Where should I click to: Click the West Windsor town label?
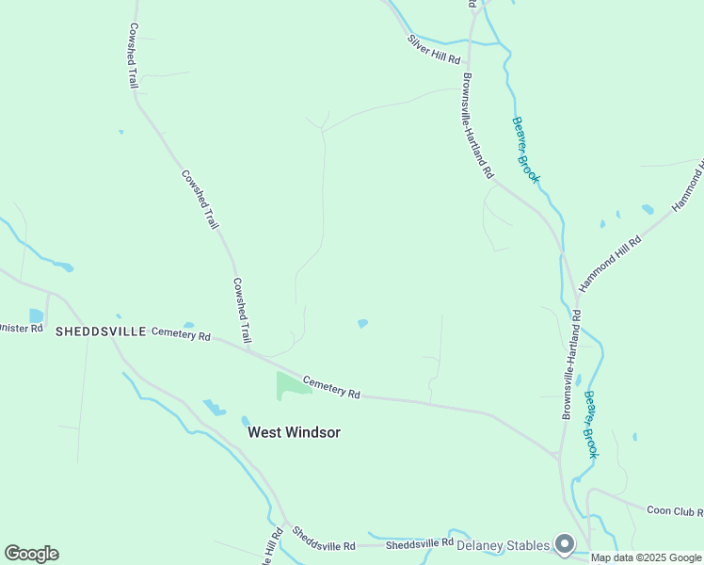293,432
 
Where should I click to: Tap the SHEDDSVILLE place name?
101,331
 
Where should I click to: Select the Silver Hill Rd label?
434,50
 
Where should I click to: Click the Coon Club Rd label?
675,510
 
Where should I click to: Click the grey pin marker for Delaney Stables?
565,543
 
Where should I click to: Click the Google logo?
31,554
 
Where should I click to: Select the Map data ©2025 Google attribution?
646,557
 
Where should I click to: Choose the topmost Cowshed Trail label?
134,56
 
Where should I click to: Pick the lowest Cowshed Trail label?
242,310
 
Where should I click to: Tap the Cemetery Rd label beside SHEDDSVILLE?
181,332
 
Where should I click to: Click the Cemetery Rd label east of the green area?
331,386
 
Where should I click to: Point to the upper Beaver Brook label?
526,149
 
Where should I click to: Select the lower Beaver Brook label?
590,424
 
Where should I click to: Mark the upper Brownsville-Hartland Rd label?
478,127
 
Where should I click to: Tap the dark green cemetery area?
288,383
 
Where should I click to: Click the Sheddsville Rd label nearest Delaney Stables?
420,543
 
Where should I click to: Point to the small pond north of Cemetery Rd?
362,324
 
